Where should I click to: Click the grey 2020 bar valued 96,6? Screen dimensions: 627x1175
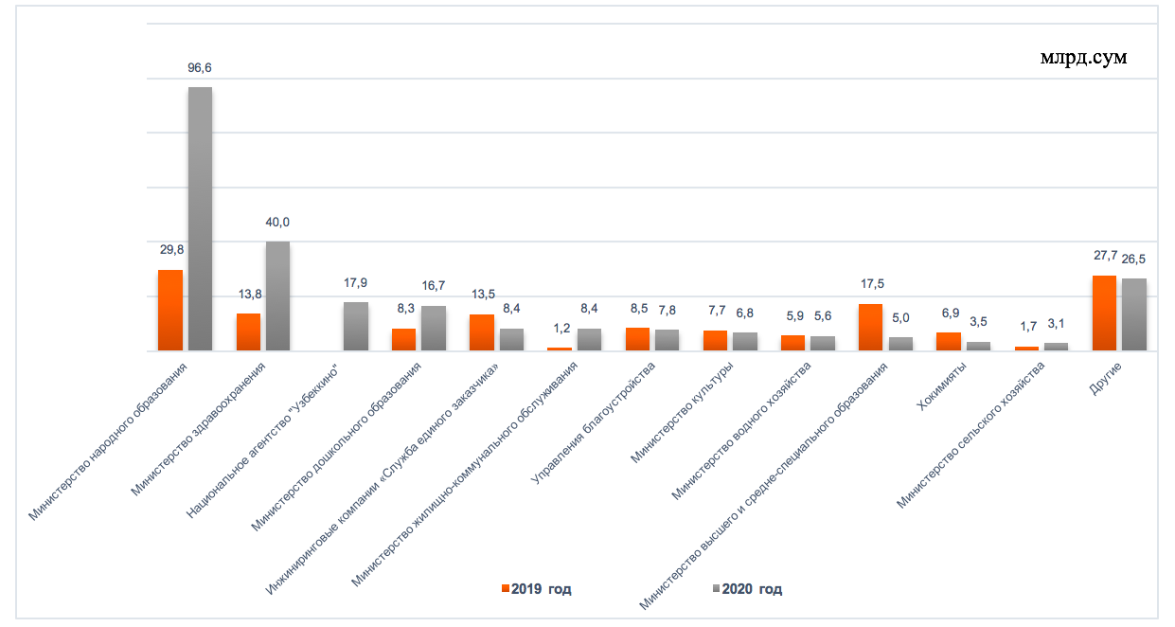point(200,219)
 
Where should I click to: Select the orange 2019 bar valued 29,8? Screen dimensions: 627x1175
point(170,311)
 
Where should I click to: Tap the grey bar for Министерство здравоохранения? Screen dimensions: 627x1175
point(277,296)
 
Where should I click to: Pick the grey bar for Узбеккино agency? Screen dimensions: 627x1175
point(355,327)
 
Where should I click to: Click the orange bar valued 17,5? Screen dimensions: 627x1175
point(870,328)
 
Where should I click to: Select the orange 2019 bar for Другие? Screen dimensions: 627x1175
point(1104,313)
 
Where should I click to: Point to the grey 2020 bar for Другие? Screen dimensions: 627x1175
point(1134,314)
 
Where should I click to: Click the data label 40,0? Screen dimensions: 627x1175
point(277,223)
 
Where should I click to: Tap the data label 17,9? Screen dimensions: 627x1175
point(355,283)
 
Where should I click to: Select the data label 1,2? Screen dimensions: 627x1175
point(561,329)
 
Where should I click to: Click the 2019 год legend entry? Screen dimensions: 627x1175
point(536,589)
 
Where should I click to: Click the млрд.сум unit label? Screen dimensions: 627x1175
point(1083,57)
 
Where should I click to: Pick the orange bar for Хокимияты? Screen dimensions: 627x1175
point(948,341)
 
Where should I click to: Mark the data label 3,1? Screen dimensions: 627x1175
point(1057,327)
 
